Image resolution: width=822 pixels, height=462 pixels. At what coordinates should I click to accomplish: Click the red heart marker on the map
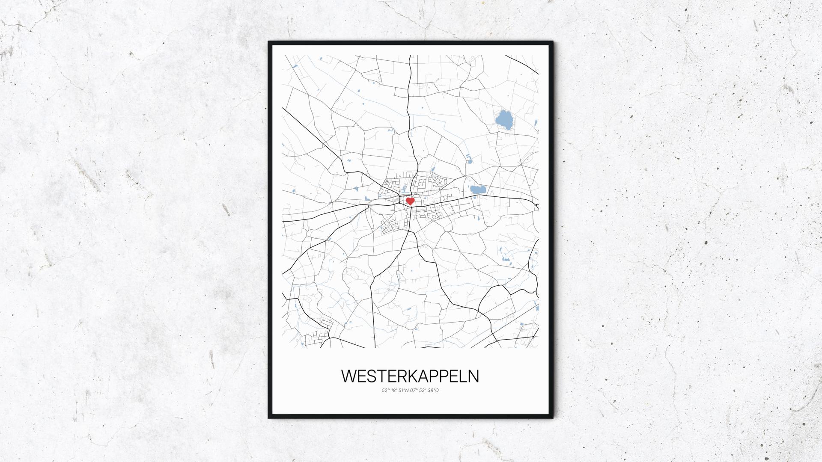[x=410, y=201]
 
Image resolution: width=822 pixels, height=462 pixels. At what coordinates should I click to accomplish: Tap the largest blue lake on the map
[x=503, y=120]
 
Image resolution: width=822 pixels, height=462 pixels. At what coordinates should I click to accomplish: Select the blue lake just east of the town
[x=477, y=189]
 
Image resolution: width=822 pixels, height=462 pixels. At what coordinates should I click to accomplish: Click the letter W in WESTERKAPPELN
[x=348, y=376]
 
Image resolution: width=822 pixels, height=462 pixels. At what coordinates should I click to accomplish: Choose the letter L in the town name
[x=462, y=376]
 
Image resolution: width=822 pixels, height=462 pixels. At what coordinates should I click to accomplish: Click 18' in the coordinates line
[x=393, y=390]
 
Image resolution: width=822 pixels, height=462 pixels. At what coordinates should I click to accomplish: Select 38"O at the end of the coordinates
[x=434, y=390]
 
